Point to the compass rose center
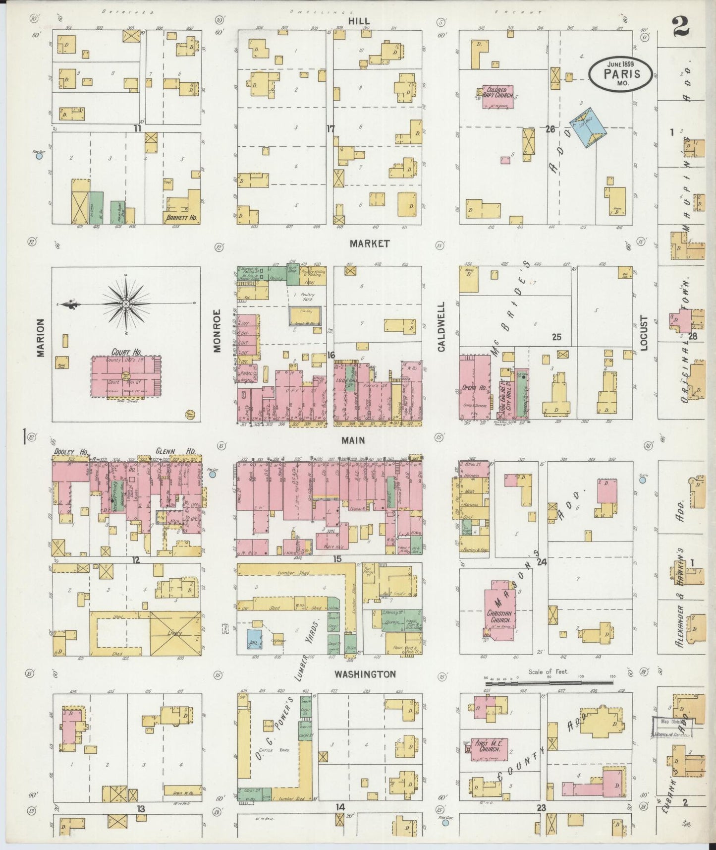coord(126,303)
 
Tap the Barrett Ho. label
coord(181,217)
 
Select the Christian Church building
coord(501,609)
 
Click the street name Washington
coord(365,674)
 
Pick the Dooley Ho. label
coord(71,452)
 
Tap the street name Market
coord(369,243)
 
